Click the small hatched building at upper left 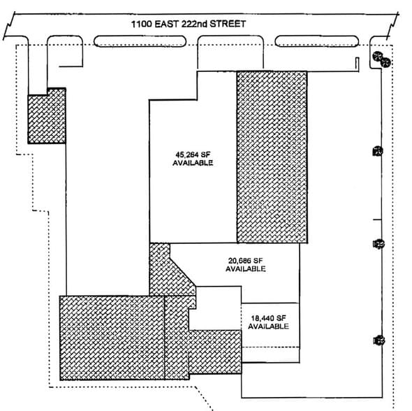point(46,117)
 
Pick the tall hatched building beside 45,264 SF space point(271,157)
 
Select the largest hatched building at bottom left point(112,338)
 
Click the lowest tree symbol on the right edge point(379,340)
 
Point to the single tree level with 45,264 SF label point(378,150)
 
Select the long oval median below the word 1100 point(140,42)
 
